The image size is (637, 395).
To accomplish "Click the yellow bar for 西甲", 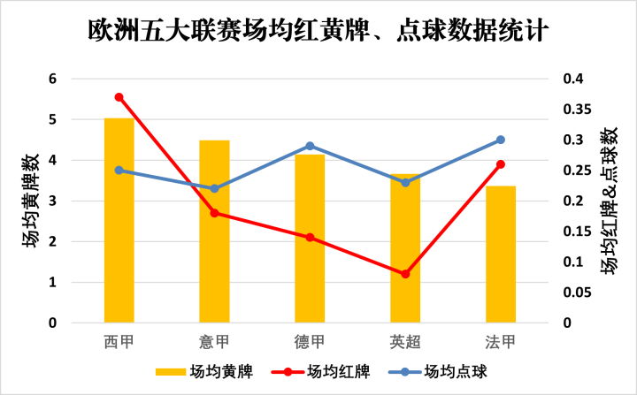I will point(119,221).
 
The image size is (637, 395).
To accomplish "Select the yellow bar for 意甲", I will point(214,232).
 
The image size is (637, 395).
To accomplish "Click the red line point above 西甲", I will point(119,97).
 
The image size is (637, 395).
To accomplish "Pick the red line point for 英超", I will point(405,274).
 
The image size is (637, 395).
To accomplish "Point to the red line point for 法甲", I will point(501,164).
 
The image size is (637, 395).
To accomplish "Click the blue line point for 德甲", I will point(310,146).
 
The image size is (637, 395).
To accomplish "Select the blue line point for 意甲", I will point(214,188).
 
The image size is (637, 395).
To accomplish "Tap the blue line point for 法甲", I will point(501,140).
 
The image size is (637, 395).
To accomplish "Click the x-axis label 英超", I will point(405,341).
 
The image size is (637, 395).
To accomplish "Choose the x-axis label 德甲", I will point(310,341).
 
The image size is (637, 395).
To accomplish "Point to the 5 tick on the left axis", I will point(52,119).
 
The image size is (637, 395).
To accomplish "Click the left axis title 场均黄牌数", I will point(31,201).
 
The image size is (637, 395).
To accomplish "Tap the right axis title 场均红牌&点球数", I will point(610,201).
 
